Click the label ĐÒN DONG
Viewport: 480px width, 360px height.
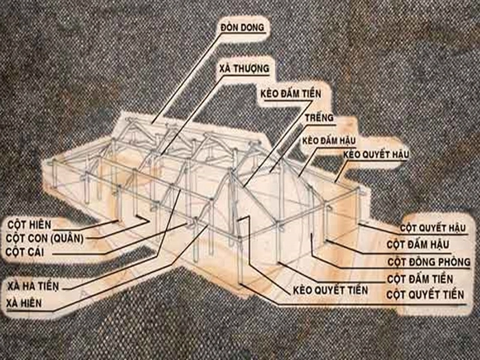pos(242,27)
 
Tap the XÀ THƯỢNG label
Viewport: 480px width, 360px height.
pos(244,69)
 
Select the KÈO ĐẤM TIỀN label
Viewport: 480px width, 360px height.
pos(291,94)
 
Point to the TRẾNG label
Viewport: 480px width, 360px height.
pos(319,117)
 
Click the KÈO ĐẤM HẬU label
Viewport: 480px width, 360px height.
pos(328,141)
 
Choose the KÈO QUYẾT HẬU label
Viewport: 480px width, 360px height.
pos(376,155)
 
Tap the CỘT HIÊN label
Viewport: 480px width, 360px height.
pos(29,225)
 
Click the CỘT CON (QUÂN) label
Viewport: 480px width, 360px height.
pos(45,238)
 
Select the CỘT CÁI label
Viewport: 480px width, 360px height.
pos(25,252)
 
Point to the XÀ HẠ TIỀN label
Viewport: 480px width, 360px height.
pos(33,286)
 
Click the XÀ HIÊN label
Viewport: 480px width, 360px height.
pos(24,303)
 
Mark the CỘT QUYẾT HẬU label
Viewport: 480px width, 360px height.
pos(433,228)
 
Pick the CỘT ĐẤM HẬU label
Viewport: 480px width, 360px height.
pos(418,245)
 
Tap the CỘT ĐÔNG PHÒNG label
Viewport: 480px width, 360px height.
pos(429,262)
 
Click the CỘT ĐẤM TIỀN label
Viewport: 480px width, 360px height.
pos(420,279)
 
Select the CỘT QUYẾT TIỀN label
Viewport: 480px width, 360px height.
pos(425,295)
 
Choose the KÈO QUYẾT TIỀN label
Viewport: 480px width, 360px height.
pos(331,290)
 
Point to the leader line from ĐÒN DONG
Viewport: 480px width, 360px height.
pos(187,78)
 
